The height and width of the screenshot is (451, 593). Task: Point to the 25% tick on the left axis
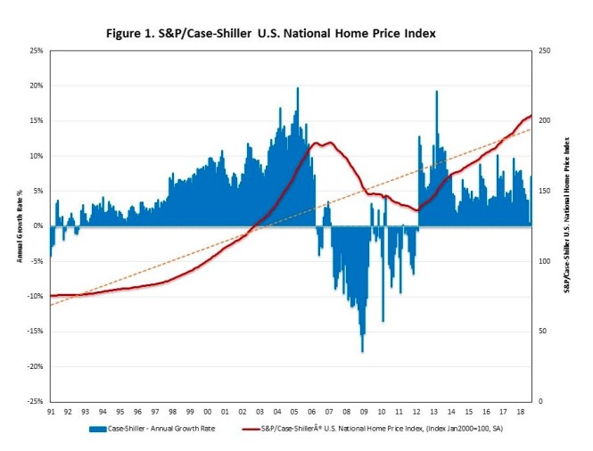coord(35,51)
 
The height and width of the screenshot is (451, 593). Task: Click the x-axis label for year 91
coord(52,411)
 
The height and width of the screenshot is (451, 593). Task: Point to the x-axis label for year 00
coord(208,411)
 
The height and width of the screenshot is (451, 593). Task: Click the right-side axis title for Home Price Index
coord(566,226)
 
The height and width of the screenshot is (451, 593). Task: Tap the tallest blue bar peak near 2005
coord(298,89)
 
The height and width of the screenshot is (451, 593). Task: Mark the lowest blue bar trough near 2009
coord(362,350)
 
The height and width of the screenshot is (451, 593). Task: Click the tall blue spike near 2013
coord(436,93)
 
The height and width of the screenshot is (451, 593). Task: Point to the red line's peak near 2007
coord(329,143)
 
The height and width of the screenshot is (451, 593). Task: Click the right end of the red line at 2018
coord(531,116)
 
